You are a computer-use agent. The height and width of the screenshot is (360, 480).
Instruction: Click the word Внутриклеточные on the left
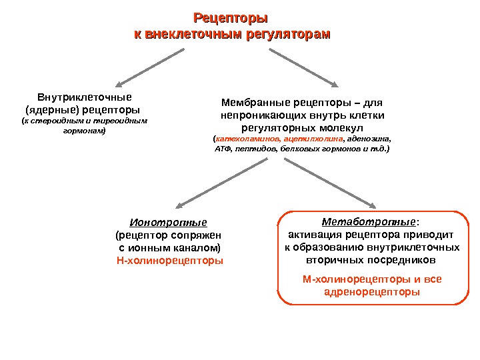84,97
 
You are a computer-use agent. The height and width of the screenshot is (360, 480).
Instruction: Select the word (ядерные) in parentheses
50,109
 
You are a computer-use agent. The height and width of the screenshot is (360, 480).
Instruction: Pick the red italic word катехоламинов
247,139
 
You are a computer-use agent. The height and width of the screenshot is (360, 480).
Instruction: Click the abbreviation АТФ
221,150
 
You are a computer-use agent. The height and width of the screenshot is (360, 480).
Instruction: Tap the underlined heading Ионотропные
168,223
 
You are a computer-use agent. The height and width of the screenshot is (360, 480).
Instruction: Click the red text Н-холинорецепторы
170,261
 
